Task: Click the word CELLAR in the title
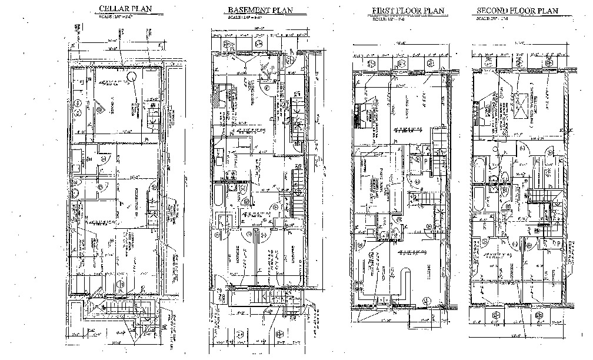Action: point(111,8)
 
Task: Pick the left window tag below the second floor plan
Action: point(495,316)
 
